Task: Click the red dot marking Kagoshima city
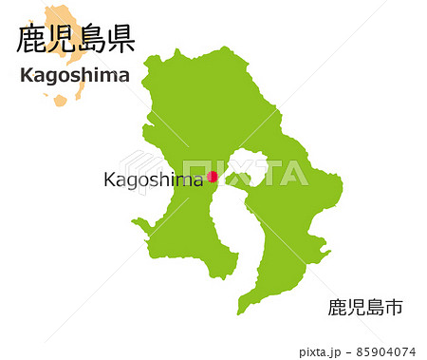tap(213, 176)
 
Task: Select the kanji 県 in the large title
tap(120, 39)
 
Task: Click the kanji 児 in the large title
tap(62, 39)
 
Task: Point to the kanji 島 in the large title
tap(90, 39)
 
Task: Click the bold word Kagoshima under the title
tap(75, 77)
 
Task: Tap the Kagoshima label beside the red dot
tap(152, 180)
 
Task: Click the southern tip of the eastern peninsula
tap(243, 310)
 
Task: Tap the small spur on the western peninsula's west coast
tap(139, 224)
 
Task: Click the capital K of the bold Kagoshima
tap(27, 77)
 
